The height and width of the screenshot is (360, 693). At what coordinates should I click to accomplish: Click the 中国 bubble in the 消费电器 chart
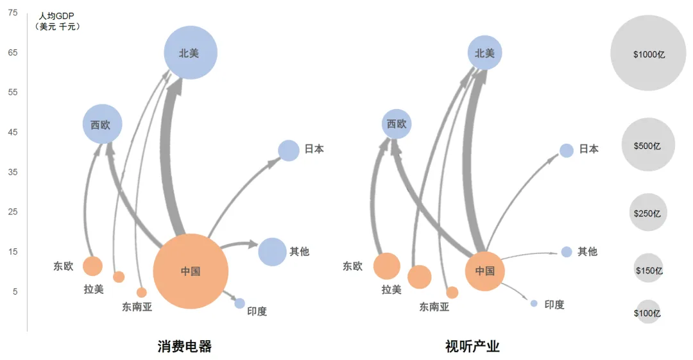click(x=191, y=271)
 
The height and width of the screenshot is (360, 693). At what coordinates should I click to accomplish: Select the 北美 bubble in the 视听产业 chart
click(x=485, y=53)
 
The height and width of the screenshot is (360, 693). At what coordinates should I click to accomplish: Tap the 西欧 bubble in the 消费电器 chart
click(x=103, y=124)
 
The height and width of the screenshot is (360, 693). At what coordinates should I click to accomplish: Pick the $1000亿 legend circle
click(x=648, y=53)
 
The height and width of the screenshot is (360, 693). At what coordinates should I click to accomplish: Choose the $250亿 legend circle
click(x=648, y=212)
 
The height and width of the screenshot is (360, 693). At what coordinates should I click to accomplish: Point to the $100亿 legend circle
click(x=648, y=312)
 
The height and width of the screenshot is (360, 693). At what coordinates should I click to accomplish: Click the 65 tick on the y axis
click(x=13, y=53)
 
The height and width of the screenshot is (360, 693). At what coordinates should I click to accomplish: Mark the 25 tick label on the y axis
click(x=13, y=212)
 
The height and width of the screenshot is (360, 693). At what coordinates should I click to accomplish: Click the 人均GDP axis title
click(x=56, y=17)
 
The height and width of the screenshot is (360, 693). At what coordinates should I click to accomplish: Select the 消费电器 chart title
click(x=185, y=347)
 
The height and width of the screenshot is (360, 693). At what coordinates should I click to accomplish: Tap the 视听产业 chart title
click(x=472, y=347)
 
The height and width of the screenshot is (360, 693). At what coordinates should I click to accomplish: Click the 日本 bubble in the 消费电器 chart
click(x=289, y=150)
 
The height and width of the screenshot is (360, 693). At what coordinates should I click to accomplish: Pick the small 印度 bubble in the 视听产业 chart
click(x=534, y=304)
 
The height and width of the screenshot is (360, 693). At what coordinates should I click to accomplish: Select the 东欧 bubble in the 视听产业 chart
click(x=387, y=266)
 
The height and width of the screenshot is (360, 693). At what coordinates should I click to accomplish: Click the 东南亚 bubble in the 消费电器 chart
click(x=141, y=293)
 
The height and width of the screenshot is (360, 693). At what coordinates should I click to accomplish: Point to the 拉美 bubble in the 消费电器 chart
click(x=119, y=277)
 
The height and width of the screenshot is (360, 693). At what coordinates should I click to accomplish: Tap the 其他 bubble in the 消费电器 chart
click(x=272, y=252)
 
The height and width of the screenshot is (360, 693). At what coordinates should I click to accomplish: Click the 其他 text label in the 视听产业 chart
click(x=587, y=252)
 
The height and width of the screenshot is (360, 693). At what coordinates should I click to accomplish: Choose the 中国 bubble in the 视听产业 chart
click(x=485, y=271)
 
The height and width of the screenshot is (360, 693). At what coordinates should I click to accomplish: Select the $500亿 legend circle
click(x=648, y=144)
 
